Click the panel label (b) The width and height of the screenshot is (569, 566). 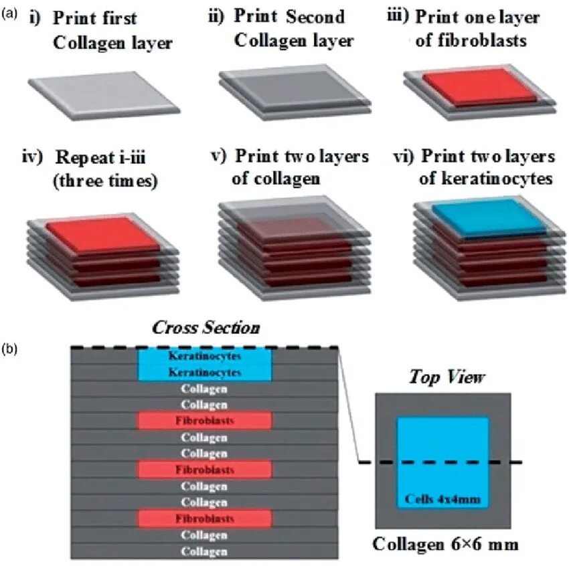click(x=11, y=349)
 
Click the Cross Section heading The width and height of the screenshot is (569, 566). click(x=206, y=328)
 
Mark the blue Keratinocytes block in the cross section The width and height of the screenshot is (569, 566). click(x=205, y=365)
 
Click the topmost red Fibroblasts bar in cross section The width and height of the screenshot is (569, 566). click(x=205, y=421)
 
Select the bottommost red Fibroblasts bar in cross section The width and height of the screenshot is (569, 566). click(x=205, y=518)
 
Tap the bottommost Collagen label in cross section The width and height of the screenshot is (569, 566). click(x=205, y=551)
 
